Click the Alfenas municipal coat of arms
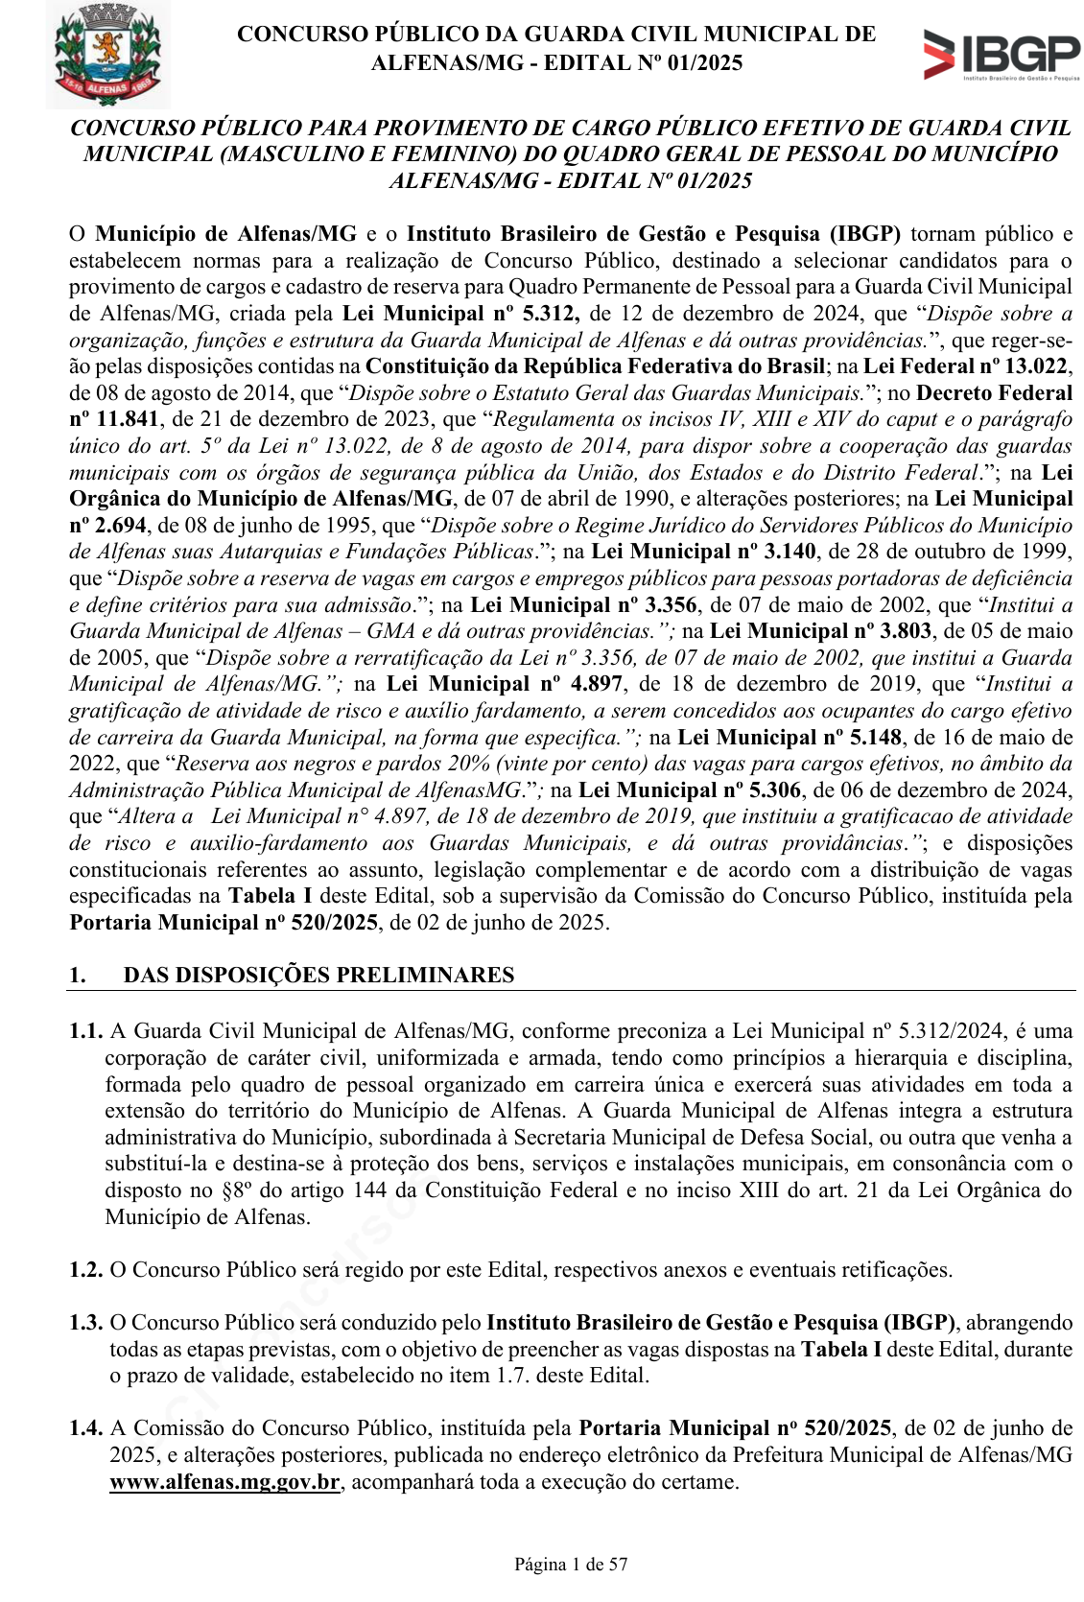tap(107, 54)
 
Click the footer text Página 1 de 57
tap(571, 1564)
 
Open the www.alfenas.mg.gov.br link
tap(225, 1481)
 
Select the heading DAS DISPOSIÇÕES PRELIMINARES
tap(318, 975)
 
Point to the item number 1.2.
tap(86, 1269)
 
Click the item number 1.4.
tap(86, 1428)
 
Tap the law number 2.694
tap(121, 525)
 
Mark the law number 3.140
tap(789, 552)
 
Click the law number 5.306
tap(775, 789)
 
